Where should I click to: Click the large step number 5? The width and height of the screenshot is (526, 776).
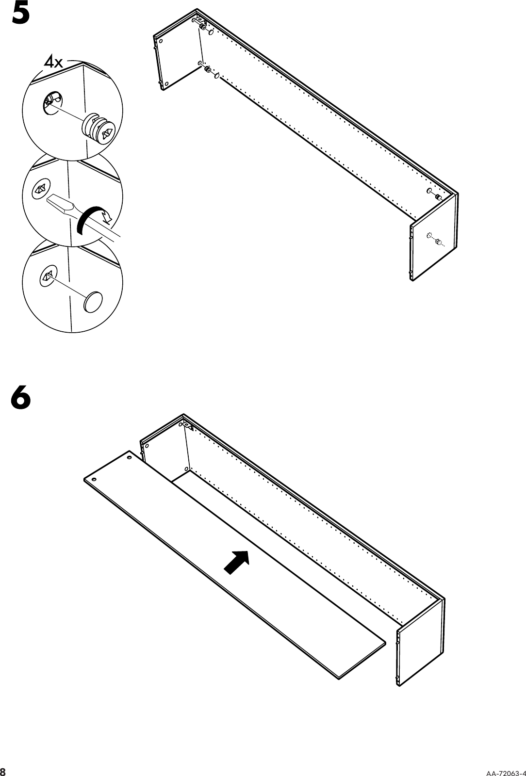tap(20, 13)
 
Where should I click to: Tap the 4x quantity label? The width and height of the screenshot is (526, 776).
tap(53, 62)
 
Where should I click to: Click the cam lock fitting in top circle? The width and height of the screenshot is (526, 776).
tap(100, 129)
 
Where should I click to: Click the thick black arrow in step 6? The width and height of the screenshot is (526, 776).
tap(237, 562)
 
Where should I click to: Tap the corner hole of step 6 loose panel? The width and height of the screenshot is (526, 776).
tap(129, 457)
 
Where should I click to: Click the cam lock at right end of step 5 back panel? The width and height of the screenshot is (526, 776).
tap(437, 197)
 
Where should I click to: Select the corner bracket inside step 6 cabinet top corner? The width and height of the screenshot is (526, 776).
tap(188, 427)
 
